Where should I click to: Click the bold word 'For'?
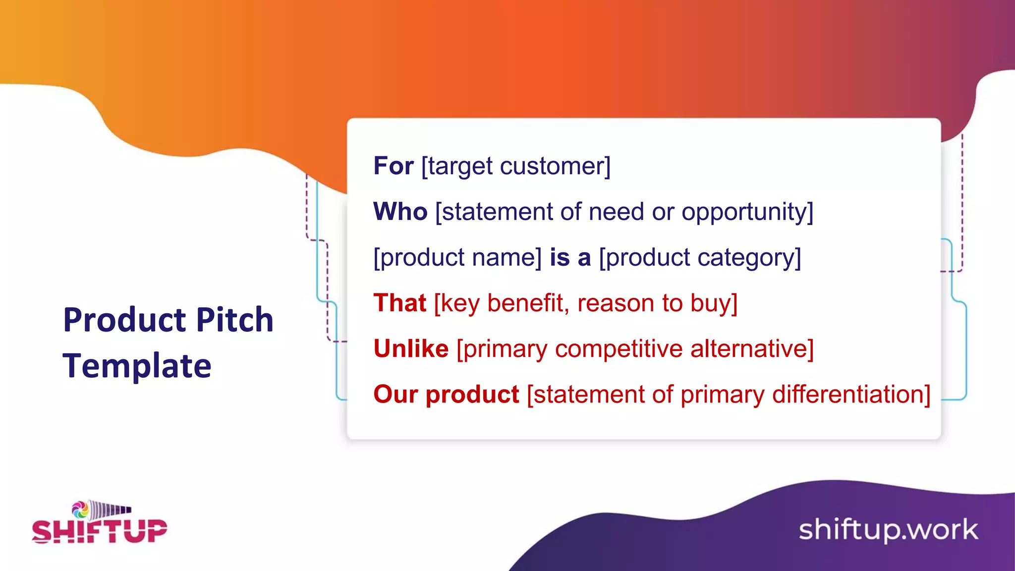click(x=393, y=166)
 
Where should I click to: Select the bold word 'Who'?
click(x=400, y=212)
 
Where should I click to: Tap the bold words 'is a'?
click(x=570, y=258)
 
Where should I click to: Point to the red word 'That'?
click(x=399, y=303)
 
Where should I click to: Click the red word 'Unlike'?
click(x=411, y=349)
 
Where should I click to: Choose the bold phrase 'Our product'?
click(x=446, y=395)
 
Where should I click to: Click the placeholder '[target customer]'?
click(x=516, y=166)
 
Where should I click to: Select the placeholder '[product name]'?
click(x=457, y=258)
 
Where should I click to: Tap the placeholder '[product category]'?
click(x=700, y=258)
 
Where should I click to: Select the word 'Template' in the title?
click(x=137, y=366)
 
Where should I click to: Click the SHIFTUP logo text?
click(x=100, y=531)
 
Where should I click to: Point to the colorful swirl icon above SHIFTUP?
click(x=80, y=509)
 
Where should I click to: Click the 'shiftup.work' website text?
click(x=888, y=530)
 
